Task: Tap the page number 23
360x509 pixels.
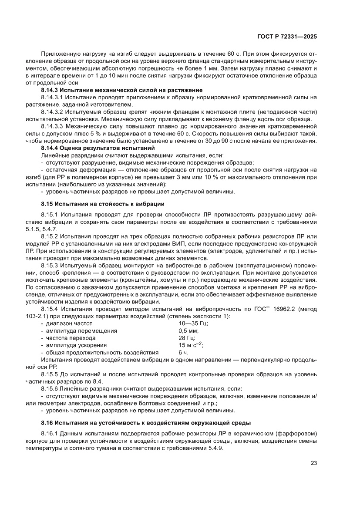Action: [313, 463]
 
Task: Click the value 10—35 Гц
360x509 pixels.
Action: [193, 324]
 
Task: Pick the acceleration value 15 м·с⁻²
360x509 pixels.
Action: [191, 345]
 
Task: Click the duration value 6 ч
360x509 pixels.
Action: [183, 352]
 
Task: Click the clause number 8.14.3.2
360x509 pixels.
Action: [52, 111]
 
